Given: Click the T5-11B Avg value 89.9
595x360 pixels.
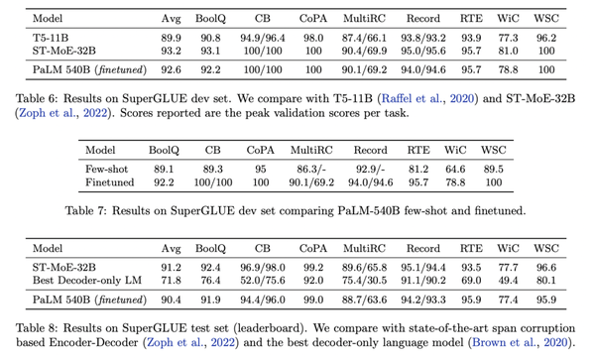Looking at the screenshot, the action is click(x=171, y=38).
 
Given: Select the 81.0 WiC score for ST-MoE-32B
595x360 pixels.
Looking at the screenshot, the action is click(x=508, y=51).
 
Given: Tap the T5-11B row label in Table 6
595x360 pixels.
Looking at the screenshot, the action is click(x=51, y=38).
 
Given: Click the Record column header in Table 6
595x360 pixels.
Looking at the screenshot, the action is click(x=423, y=19).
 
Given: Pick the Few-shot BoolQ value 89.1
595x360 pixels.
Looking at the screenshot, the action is click(x=164, y=170).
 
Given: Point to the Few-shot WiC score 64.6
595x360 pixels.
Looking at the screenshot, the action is click(x=455, y=170).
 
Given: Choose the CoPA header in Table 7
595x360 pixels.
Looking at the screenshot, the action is click(x=260, y=150).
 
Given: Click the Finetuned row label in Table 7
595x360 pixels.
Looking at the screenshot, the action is click(x=110, y=182).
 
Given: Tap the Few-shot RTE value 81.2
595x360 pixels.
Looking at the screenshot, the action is click(x=418, y=170).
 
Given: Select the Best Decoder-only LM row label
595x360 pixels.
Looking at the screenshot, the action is click(x=87, y=281).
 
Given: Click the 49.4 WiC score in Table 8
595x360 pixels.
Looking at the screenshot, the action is click(x=508, y=281).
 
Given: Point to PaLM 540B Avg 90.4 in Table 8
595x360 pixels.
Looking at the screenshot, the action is click(x=171, y=300).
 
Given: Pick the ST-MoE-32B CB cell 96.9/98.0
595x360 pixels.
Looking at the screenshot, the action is click(x=263, y=268).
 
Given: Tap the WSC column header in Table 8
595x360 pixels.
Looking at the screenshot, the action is click(x=546, y=249).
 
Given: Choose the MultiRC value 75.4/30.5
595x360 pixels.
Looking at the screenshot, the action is click(x=364, y=281).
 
